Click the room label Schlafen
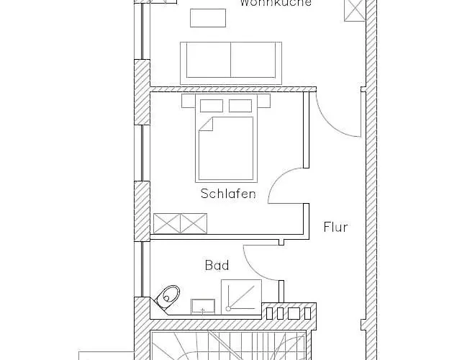(x=228, y=194)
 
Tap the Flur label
(x=335, y=228)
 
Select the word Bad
(x=217, y=266)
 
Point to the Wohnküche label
(x=276, y=4)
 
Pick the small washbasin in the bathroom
(x=203, y=305)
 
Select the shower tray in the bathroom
(x=241, y=295)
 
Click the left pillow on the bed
(x=212, y=106)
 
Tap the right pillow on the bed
(x=240, y=106)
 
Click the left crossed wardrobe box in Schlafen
(x=166, y=222)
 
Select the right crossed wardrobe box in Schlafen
(x=193, y=222)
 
